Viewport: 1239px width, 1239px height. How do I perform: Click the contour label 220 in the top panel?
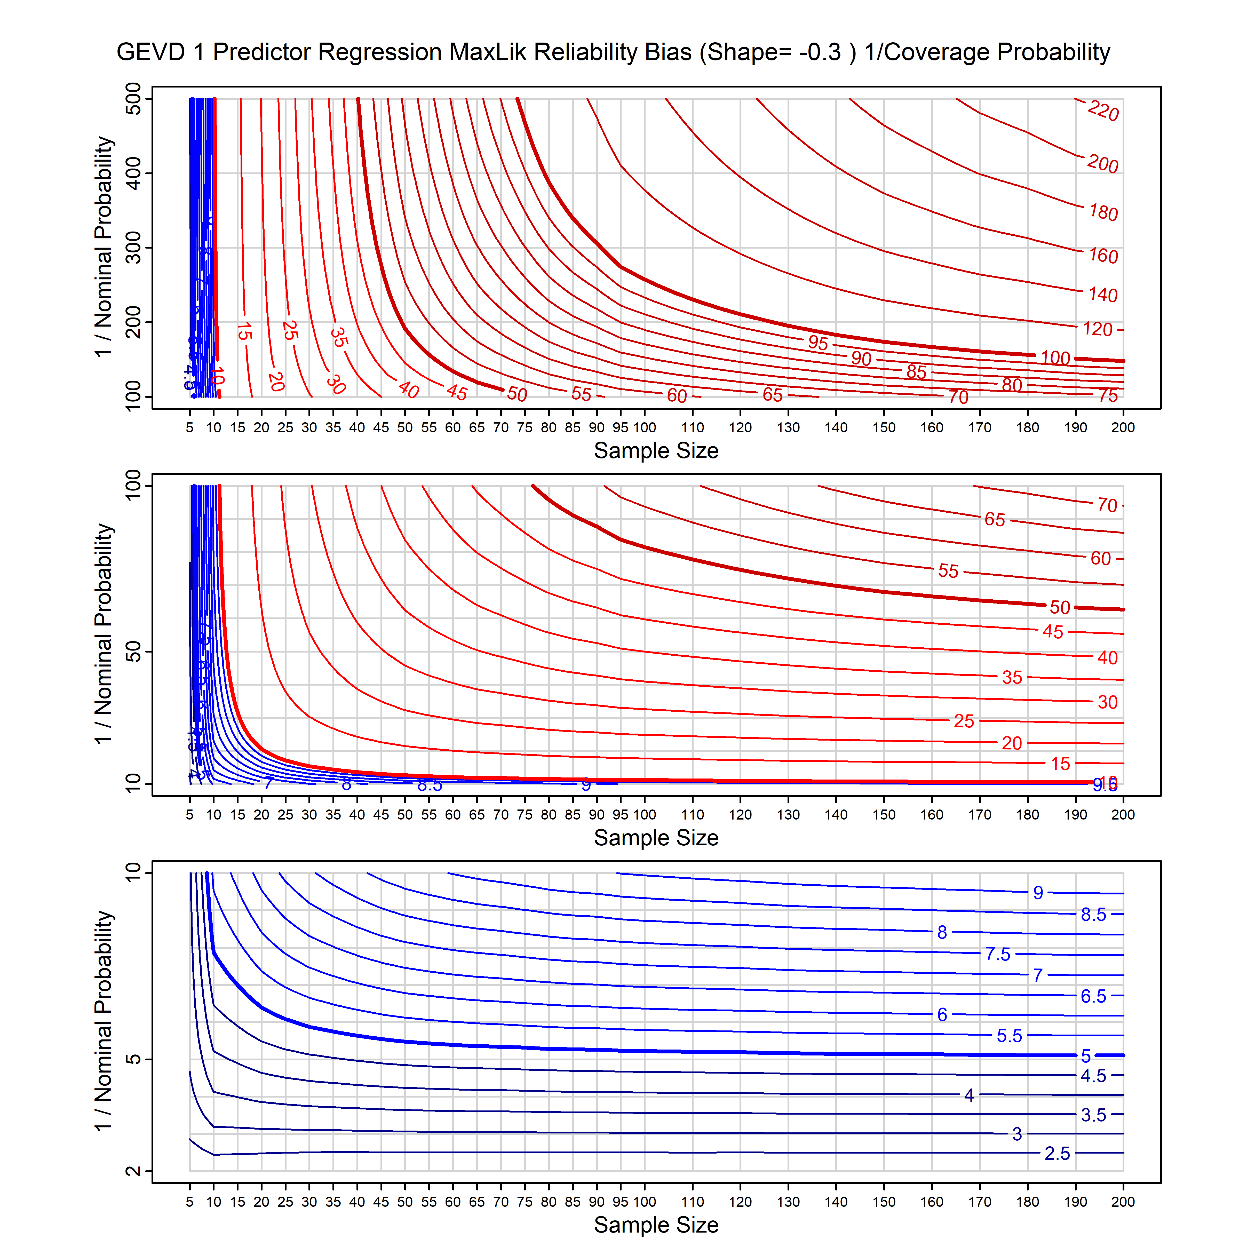click(x=1103, y=111)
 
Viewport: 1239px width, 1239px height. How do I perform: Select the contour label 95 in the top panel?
click(x=818, y=343)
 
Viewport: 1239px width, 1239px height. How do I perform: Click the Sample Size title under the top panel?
click(x=656, y=451)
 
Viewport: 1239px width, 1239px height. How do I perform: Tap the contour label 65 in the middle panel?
click(x=995, y=519)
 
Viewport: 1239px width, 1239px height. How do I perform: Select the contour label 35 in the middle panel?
click(x=1012, y=677)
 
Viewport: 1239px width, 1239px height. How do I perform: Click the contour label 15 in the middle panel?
click(x=1060, y=764)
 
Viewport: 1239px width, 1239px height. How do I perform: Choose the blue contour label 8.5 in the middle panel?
click(x=430, y=785)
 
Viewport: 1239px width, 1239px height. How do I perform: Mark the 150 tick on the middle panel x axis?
click(x=884, y=815)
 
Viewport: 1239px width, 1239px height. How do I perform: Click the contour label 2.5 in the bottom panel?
click(x=1057, y=1154)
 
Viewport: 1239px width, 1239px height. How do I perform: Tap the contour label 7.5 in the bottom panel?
click(x=998, y=954)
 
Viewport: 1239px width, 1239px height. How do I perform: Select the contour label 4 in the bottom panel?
click(x=969, y=1095)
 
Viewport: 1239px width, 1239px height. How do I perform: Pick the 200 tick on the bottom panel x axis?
click(x=1123, y=1202)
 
